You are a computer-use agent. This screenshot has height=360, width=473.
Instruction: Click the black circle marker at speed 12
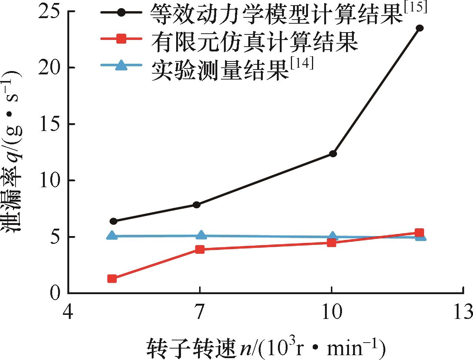pos(419,28)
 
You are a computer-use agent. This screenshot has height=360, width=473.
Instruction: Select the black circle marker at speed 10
pos(333,154)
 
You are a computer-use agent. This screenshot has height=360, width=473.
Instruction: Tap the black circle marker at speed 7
pos(197,205)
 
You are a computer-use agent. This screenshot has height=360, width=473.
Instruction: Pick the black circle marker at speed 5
pos(113,221)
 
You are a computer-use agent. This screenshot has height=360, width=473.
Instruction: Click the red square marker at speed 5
pos(112,279)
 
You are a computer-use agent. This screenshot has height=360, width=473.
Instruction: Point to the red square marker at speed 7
pos(200,249)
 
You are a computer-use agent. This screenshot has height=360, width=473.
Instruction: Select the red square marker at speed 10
pos(332,243)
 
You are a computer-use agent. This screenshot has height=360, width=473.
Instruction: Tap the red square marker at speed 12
pos(419,233)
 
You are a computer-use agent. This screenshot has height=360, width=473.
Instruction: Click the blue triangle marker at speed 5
pos(111,236)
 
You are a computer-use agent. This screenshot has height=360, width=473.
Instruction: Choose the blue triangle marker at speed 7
pos(201,235)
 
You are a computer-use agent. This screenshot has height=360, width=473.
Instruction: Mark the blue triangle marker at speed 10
pos(332,236)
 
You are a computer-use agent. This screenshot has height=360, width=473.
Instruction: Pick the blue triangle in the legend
pos(121,66)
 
